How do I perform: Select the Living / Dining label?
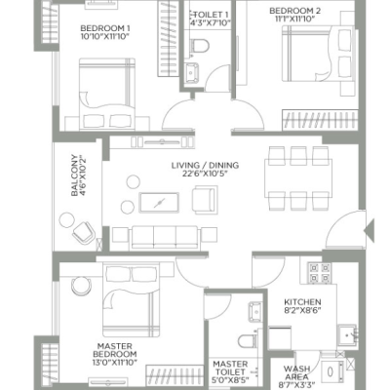pyautogui.click(x=205, y=166)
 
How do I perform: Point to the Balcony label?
pyautogui.click(x=74, y=175)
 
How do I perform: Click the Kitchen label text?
pyautogui.click(x=302, y=302)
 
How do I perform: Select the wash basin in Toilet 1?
pyautogui.click(x=192, y=71)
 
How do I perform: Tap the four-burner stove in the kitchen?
pyautogui.click(x=320, y=273)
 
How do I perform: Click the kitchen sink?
pyautogui.click(x=347, y=334)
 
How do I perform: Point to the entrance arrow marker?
pyautogui.click(x=369, y=230)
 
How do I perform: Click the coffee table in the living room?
pyautogui.click(x=159, y=203)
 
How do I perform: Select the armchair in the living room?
pyautogui.click(x=205, y=200)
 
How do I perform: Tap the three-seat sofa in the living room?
pyautogui.click(x=165, y=238)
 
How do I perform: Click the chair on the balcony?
pyautogui.click(x=84, y=233)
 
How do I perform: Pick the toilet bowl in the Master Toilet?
pyautogui.click(x=247, y=341)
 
